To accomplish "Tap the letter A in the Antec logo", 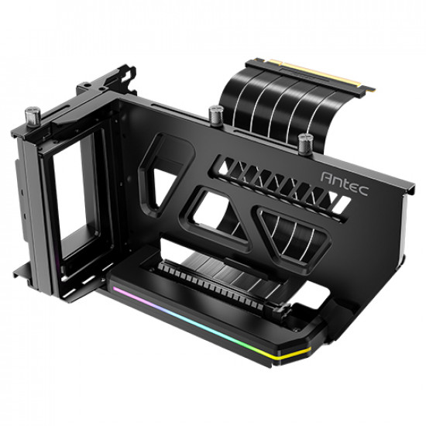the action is click(327, 177).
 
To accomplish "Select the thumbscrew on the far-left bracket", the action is click(33, 116).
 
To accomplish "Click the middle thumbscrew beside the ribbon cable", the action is click(216, 115).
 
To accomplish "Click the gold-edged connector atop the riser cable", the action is click(310, 76).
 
